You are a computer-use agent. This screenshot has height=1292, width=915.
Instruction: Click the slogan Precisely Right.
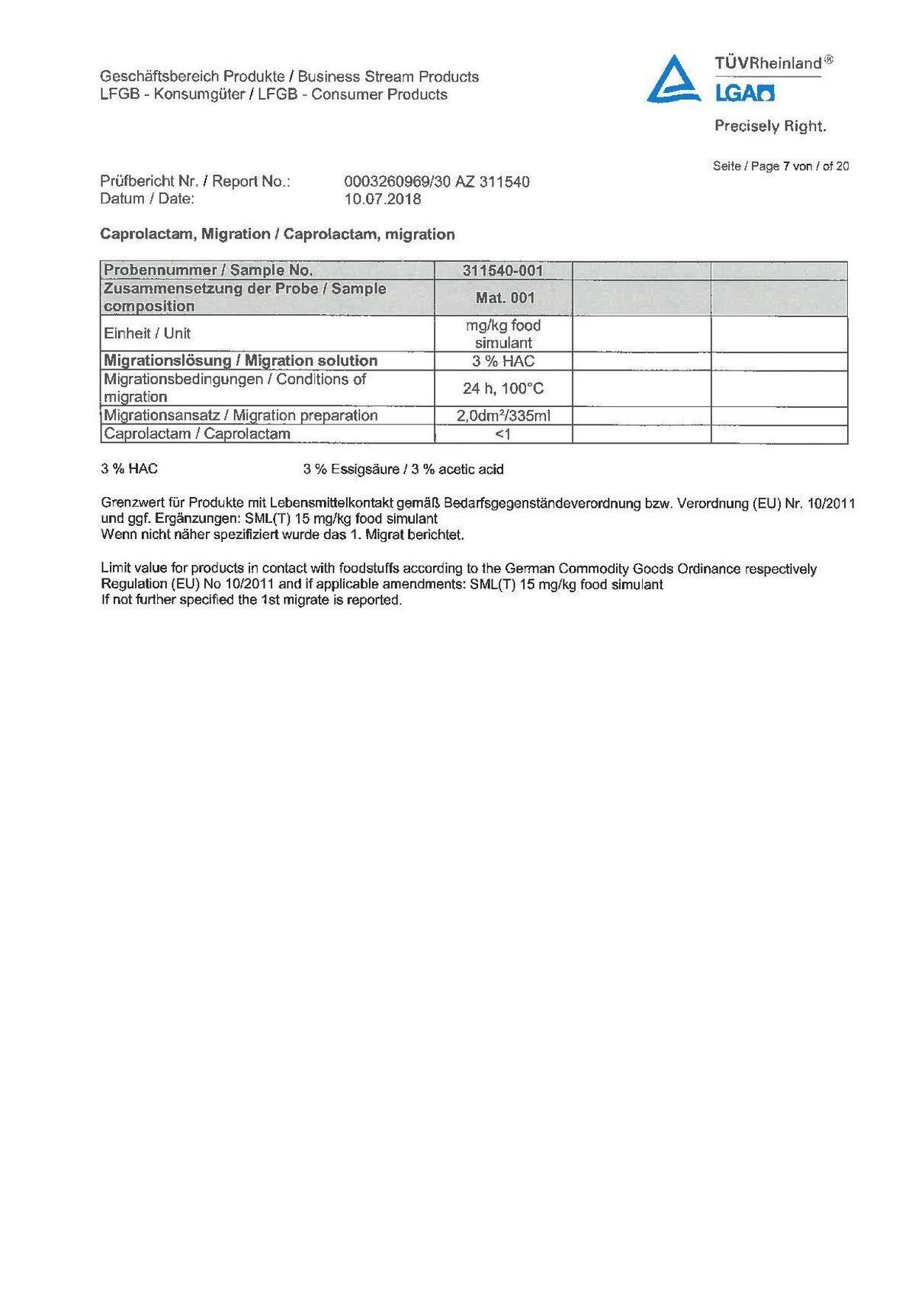tap(770, 127)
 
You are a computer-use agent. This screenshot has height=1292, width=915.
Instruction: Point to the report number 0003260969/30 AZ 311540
tap(437, 182)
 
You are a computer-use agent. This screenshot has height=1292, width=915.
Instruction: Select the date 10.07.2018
tap(383, 200)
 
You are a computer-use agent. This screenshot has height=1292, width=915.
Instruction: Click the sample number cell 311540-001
tap(502, 271)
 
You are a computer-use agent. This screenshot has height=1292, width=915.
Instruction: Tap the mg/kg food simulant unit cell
tap(503, 334)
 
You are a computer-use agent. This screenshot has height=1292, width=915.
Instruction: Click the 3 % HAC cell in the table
tap(503, 361)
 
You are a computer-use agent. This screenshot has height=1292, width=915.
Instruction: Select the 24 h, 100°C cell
tap(503, 389)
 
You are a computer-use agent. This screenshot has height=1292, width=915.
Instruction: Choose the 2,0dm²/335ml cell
tap(503, 416)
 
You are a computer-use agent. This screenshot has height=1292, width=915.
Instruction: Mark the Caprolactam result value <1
tap(502, 434)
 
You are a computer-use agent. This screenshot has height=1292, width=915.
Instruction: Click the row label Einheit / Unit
tap(147, 334)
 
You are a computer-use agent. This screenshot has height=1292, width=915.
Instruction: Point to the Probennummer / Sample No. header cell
tap(208, 271)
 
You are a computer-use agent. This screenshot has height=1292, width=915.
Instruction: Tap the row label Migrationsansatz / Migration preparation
tap(241, 416)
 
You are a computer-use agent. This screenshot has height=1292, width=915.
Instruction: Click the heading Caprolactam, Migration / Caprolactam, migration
tap(278, 235)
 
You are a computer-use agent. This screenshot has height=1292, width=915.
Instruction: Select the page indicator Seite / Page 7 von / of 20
tap(780, 166)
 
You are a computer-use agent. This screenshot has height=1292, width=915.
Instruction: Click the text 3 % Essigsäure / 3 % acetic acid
tap(403, 470)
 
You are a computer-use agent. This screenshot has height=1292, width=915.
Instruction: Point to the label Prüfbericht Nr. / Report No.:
tap(195, 182)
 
